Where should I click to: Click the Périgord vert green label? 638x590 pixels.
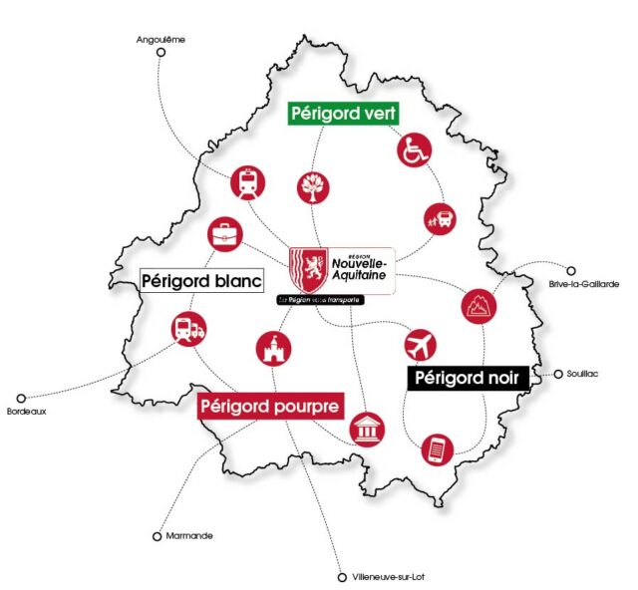tap(344, 114)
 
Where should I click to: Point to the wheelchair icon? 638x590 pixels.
tap(414, 150)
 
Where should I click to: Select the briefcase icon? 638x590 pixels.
tap(223, 236)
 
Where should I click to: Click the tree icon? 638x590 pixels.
tap(313, 186)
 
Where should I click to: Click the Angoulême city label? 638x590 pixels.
tap(160, 40)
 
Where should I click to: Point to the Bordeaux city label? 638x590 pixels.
tap(27, 411)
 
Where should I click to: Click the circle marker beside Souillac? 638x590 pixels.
tap(558, 374)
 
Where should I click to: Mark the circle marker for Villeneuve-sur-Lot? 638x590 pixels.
tap(342, 576)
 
